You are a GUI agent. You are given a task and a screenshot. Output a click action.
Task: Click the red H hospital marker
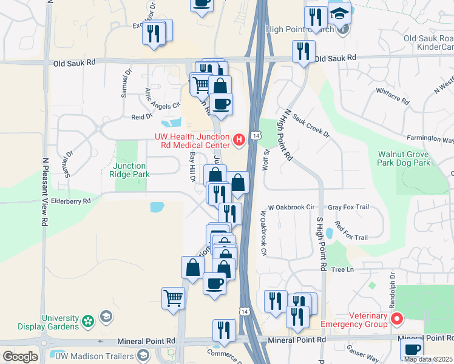click(x=239, y=141)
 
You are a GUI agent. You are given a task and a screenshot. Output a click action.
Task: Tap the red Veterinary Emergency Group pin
click(x=397, y=318)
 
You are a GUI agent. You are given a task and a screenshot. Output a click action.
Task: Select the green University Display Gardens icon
click(x=88, y=320)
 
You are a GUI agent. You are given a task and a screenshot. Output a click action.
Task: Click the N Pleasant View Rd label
click(x=45, y=193)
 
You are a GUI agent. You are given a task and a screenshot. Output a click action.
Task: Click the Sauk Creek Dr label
click(x=310, y=124)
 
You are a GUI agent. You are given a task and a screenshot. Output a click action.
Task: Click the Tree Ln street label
click(x=342, y=269)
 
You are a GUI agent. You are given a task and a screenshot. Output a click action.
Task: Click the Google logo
click(x=20, y=357)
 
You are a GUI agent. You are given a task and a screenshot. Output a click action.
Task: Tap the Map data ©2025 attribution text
click(x=427, y=359)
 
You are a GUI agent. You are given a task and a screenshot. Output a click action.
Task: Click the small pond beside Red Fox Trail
click(x=329, y=233)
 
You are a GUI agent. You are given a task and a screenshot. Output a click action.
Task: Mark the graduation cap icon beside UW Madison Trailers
click(x=143, y=355)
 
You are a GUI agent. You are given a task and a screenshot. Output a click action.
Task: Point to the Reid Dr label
click(x=141, y=116)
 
